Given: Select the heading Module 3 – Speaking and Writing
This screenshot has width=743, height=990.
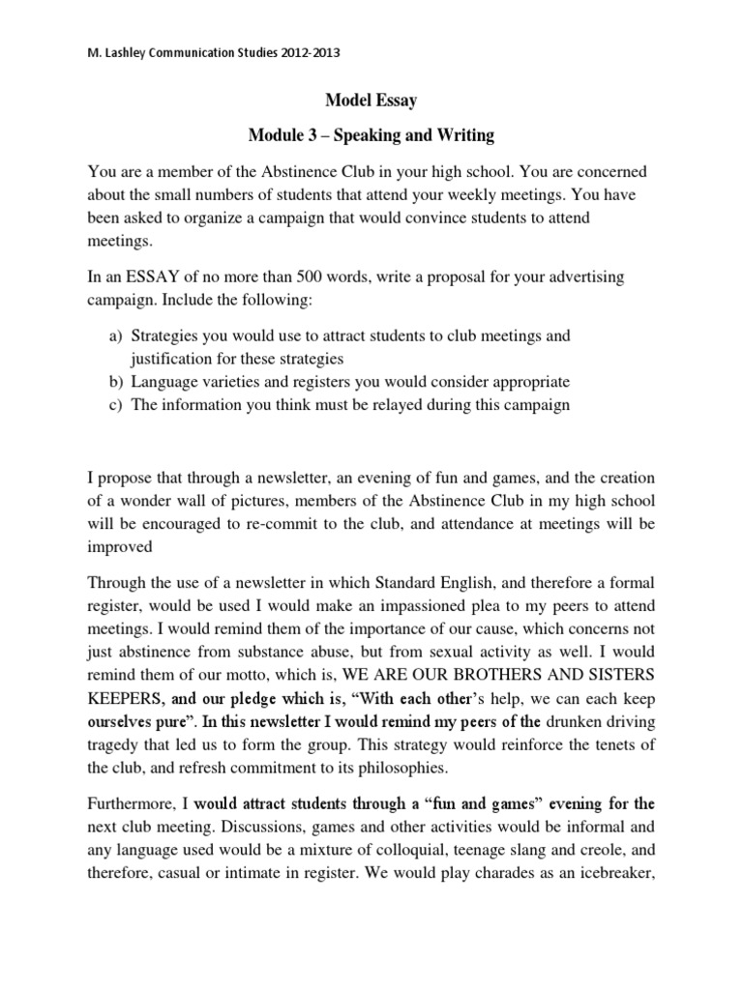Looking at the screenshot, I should click(x=371, y=134).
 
